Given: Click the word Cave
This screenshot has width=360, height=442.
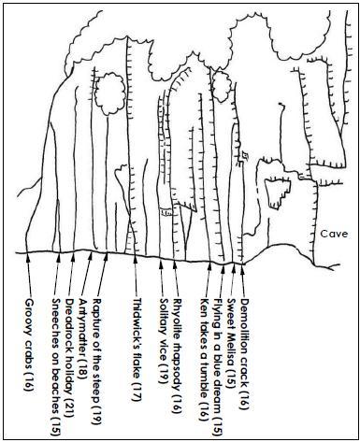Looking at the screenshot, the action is click(334, 234).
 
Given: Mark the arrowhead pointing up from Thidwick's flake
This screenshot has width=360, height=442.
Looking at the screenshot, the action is click(136, 259).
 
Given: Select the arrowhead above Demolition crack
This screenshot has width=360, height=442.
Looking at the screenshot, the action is click(242, 267).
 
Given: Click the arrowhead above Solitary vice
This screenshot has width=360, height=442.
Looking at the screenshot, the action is click(161, 264).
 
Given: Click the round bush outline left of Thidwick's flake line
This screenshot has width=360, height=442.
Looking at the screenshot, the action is click(109, 93).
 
